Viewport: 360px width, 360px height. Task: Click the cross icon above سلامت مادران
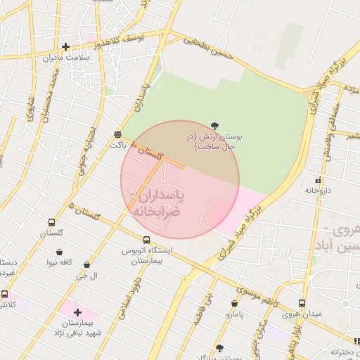click(65, 47)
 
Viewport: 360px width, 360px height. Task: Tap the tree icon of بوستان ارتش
click(214, 125)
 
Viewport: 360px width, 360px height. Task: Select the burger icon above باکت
click(117, 134)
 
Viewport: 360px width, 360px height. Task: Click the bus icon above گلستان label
click(51, 223)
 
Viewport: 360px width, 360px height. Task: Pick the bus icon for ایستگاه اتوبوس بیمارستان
click(146, 240)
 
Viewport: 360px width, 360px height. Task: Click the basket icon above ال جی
click(86, 265)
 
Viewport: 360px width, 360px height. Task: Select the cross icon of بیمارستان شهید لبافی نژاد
click(77, 311)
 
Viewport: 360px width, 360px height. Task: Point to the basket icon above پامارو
click(234, 304)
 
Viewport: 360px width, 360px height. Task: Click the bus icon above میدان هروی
click(302, 303)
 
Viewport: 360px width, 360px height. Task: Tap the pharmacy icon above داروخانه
click(319, 179)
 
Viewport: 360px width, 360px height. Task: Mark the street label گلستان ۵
click(84, 212)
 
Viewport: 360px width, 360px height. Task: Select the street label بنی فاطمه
click(207, 295)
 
